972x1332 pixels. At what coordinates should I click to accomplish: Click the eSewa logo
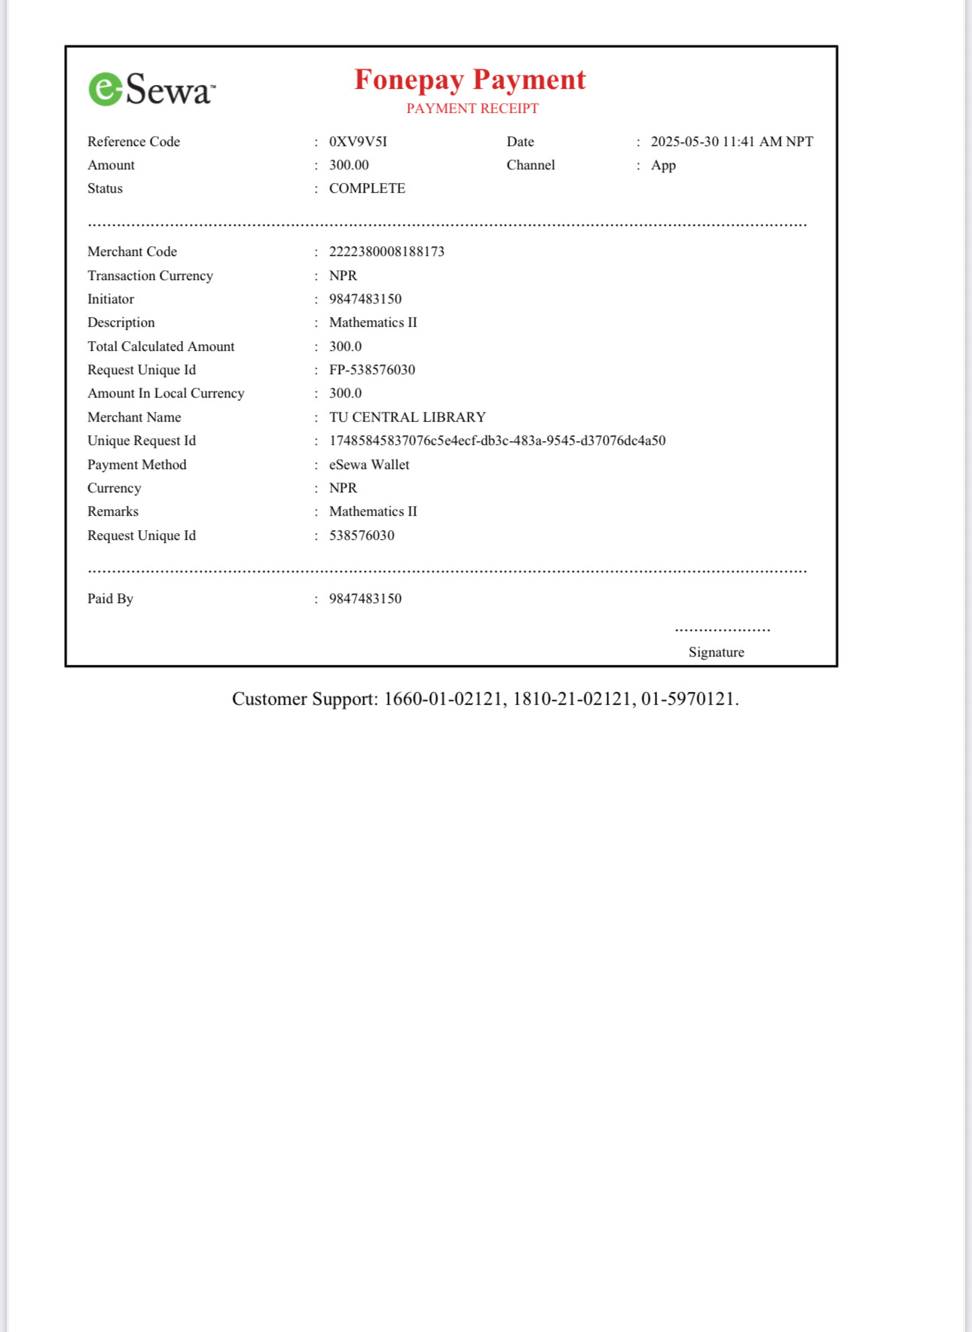151,90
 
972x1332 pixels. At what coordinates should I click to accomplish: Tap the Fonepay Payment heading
469,80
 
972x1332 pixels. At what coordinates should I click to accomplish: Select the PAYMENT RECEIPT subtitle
472,108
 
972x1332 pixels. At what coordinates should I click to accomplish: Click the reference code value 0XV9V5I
358,142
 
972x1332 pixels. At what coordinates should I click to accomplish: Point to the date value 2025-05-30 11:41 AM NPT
732,142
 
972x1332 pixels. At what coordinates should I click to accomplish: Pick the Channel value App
663,165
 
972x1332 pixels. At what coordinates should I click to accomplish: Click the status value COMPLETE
367,188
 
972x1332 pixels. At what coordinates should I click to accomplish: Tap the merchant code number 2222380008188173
387,251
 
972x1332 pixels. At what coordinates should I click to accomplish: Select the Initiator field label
111,299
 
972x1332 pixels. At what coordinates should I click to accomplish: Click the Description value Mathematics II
373,322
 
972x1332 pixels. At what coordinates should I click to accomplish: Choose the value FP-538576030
372,370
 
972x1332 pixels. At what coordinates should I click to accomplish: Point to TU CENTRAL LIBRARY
408,417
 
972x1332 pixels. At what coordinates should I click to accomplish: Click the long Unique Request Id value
497,440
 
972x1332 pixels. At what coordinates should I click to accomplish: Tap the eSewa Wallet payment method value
369,465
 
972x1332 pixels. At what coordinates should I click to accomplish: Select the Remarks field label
113,511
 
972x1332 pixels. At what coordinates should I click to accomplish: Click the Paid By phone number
365,599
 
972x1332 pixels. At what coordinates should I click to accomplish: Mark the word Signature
716,652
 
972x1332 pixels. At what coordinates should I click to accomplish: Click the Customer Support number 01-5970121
687,699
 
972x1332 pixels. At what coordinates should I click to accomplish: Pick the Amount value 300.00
349,165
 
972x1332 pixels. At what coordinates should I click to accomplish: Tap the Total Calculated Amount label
160,346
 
